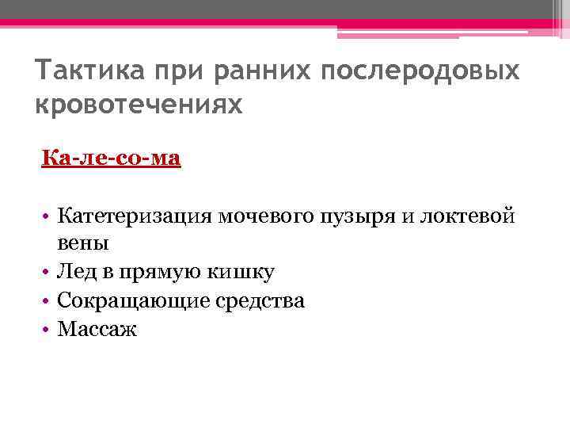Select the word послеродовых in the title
click(421, 71)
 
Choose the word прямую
click(158, 272)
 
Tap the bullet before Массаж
click(47, 329)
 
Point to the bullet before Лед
click(47, 272)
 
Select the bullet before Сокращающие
click(47, 300)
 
